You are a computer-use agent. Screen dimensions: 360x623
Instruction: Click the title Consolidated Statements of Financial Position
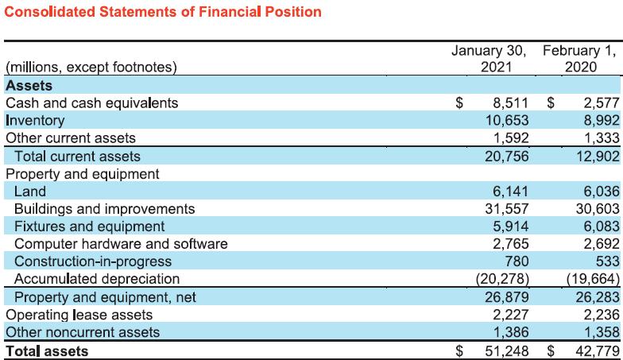coord(152,12)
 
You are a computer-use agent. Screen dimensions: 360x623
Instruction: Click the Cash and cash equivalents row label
coord(91,103)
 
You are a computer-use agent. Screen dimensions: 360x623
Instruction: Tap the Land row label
coord(30,192)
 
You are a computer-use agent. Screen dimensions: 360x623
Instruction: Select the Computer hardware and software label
coord(121,244)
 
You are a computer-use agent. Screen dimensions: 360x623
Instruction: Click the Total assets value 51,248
coord(506,350)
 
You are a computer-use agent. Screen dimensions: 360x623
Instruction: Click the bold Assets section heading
coord(29,85)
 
